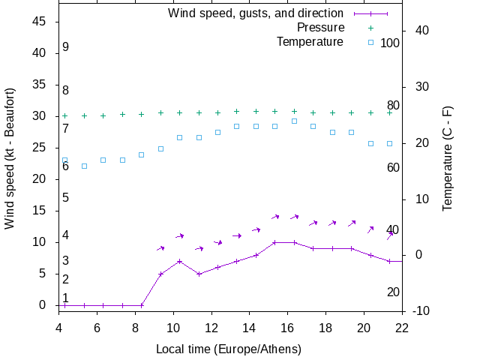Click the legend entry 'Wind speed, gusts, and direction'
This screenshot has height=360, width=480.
point(255,13)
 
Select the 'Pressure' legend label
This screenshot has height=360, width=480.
point(320,27)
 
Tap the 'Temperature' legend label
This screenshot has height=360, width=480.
point(310,41)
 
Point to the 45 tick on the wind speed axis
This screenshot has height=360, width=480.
point(40,22)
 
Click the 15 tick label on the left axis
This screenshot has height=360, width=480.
point(40,211)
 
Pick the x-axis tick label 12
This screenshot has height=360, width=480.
point(211,327)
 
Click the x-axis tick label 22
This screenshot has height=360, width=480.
point(402,327)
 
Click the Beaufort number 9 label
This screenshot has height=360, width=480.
point(66,47)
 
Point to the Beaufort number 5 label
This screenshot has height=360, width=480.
point(66,198)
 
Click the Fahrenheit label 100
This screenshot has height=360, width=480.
point(390,43)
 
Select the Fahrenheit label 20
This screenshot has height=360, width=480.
point(393,292)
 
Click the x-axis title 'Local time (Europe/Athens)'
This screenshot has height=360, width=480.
point(229,349)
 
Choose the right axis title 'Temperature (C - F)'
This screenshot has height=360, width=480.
point(448,157)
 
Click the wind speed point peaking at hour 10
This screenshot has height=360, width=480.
point(179,261)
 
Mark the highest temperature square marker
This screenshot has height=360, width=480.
point(294,121)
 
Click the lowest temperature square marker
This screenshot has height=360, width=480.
point(84,166)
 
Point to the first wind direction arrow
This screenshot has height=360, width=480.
point(160,247)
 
